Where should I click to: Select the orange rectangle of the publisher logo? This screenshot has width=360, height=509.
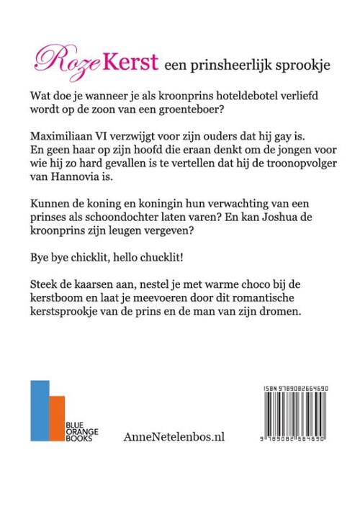[55, 419]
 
